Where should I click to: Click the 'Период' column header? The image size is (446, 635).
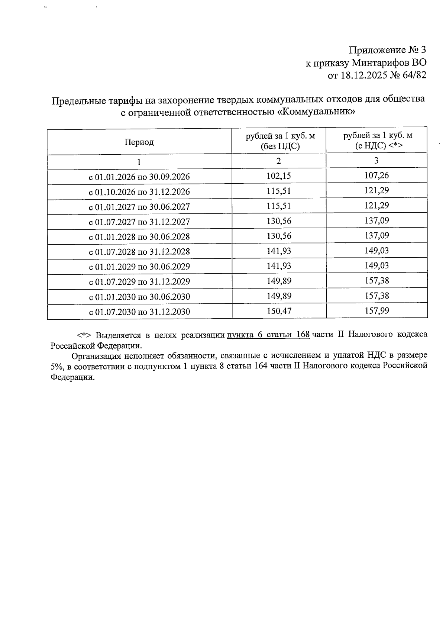tap(139, 142)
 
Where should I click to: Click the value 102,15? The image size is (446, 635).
tap(279, 176)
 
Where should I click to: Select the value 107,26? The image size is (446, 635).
tap(376, 175)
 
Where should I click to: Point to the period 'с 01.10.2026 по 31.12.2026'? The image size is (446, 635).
tap(139, 192)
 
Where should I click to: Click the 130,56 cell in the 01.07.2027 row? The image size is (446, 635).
tap(279, 221)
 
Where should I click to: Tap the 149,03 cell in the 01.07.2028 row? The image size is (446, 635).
tap(376, 251)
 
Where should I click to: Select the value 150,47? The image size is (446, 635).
tap(279, 311)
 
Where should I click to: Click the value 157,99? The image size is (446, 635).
tap(376, 310)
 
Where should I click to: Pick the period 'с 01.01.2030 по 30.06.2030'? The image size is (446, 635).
tap(139, 297)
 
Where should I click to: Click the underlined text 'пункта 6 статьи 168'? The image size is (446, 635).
tap(268, 334)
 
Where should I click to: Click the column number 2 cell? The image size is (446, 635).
tap(279, 161)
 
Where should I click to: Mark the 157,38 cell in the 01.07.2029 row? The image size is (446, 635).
tap(376, 281)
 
